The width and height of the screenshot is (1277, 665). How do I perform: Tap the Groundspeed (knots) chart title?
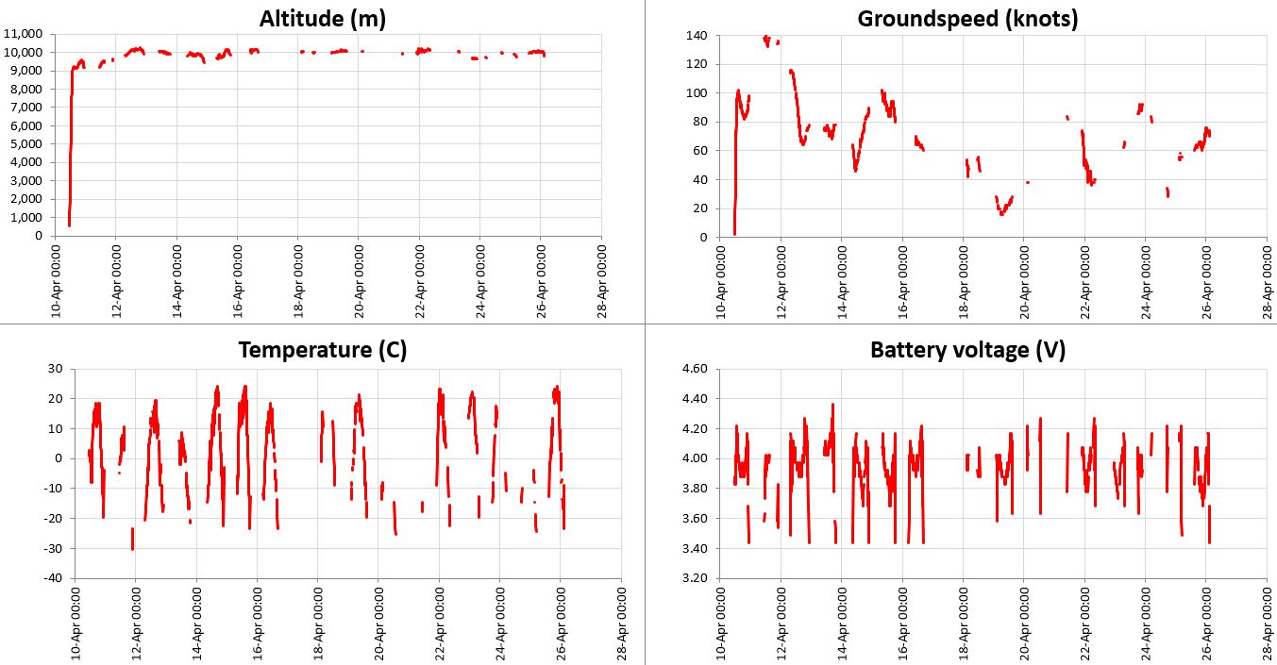pos(967,18)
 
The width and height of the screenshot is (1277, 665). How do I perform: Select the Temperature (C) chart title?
pos(322,350)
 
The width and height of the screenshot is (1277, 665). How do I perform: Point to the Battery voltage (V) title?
pos(967,350)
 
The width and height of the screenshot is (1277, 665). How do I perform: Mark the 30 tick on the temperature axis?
pos(57,369)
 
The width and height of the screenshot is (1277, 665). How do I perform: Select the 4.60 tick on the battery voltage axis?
pos(695,369)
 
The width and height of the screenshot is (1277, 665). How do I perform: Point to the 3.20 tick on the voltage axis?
pos(695,578)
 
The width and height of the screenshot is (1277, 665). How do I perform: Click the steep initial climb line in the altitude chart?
pos(71,141)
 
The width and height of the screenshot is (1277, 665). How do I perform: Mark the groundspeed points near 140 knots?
pos(767,40)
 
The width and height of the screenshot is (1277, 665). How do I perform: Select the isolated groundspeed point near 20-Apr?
pos(1028,182)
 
